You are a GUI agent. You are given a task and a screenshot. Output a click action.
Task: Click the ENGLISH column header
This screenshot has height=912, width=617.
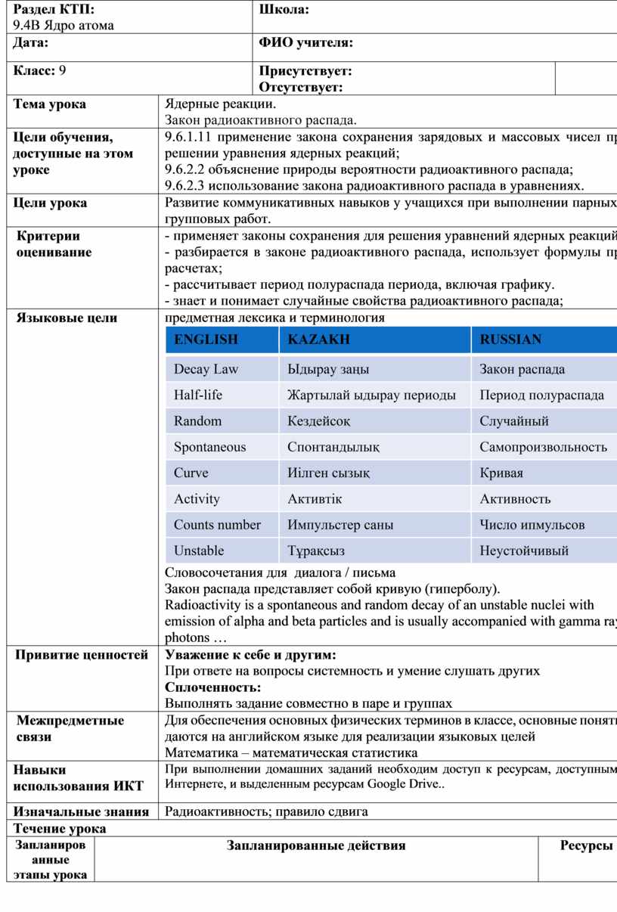coord(206,340)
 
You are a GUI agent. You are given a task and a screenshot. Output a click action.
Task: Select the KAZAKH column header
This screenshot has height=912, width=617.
coord(319,340)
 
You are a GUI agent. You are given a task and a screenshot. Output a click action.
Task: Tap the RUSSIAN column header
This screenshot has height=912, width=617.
coord(510,340)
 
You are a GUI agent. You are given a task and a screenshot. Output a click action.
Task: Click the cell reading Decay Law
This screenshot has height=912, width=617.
coord(206,370)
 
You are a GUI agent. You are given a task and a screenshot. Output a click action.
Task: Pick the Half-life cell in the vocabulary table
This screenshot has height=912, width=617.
coord(198,396)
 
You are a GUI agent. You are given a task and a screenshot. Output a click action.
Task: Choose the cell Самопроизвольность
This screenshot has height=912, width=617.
coord(543,447)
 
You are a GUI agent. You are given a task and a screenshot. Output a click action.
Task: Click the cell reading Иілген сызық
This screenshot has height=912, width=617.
coord(328,473)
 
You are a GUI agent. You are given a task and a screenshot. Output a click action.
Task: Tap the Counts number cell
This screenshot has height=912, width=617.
coord(217,525)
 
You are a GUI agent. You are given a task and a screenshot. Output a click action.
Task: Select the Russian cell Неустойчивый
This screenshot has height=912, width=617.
coord(524,551)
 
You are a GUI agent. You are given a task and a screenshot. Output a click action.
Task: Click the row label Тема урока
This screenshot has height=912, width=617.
coord(49,104)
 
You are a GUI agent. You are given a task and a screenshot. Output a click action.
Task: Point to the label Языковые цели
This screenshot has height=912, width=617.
coord(67,318)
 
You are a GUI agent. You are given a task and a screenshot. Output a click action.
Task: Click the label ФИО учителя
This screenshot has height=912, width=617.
coord(306,44)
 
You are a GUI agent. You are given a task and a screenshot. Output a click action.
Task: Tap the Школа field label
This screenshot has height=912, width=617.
coord(284,9)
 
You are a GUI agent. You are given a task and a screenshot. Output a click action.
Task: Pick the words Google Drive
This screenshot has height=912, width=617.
coord(402,783)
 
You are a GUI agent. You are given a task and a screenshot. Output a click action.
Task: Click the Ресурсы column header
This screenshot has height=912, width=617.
coord(586,845)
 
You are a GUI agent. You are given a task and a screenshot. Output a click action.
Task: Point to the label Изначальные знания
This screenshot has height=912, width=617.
coord(81,812)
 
